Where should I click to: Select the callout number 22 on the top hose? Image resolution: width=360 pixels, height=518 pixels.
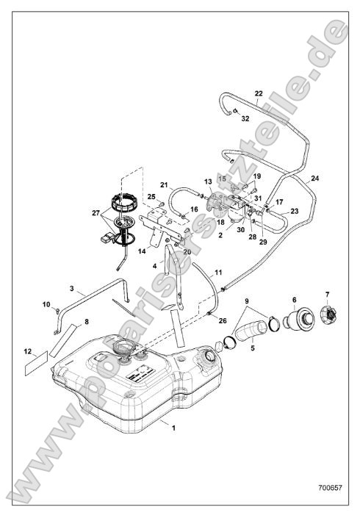[x=258, y=94]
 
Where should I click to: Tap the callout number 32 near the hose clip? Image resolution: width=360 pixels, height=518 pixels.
[x=245, y=118]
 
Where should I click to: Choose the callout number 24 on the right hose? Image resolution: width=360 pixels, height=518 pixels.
[x=315, y=178]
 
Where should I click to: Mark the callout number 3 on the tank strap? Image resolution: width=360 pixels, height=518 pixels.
[x=72, y=289]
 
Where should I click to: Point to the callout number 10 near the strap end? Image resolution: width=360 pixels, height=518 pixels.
[x=46, y=304]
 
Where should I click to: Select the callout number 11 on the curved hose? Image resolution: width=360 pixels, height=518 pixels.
[x=217, y=273]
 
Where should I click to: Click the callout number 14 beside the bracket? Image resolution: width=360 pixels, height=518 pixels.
[x=141, y=250]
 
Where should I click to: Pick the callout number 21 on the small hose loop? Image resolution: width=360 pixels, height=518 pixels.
[x=165, y=185]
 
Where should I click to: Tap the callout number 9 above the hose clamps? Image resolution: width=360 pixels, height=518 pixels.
[x=246, y=301]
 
